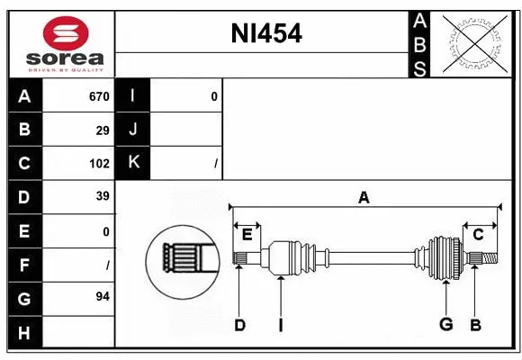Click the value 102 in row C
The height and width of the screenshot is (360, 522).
tap(99, 163)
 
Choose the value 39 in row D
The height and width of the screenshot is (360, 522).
tap(103, 196)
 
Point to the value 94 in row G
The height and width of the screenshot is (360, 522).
tap(103, 296)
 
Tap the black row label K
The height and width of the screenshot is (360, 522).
tap(134, 163)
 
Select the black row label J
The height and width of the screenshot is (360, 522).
tap(134, 130)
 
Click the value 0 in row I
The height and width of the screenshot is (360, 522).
tap(213, 96)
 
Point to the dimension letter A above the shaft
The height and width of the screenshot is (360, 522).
tap(364, 198)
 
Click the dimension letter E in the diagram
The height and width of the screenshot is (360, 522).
tap(247, 234)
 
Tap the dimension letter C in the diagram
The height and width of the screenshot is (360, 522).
tap(479, 234)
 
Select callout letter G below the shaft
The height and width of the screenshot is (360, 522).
tap(445, 325)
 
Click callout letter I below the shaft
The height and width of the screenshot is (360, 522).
tap(280, 326)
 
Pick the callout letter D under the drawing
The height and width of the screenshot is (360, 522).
tap(239, 326)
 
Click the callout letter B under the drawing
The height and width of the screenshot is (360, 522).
tap(474, 325)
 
